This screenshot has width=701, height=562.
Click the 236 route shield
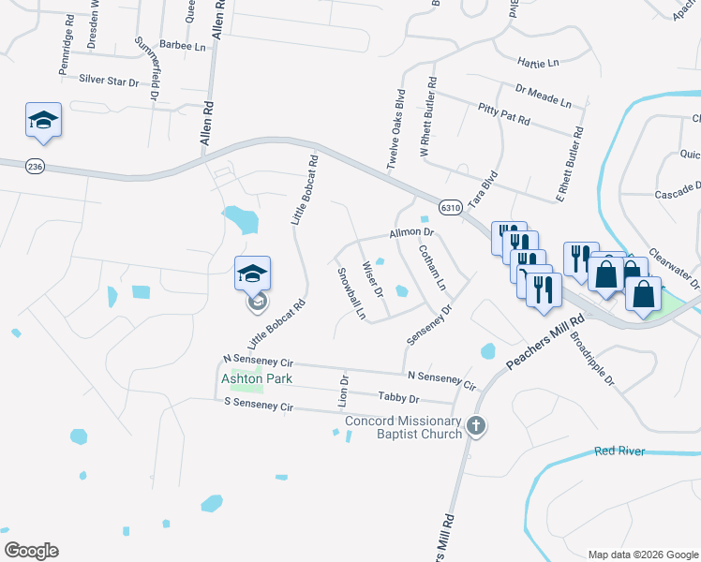coord(37,166)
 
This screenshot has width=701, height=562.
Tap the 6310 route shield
coord(449,207)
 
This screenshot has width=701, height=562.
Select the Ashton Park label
coord(257,378)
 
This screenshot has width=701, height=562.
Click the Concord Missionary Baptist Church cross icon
coord(476,426)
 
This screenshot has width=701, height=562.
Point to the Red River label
coord(619,451)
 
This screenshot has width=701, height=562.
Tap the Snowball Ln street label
coord(350,292)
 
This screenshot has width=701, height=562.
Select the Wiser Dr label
coord(373,279)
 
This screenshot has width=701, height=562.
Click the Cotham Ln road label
coord(432,267)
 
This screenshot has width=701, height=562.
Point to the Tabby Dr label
coord(398,397)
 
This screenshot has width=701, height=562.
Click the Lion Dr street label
coord(343,392)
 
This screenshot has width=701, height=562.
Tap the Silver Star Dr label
coord(109,81)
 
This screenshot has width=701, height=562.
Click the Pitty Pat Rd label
coord(503,115)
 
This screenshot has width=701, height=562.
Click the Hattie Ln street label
coord(537,62)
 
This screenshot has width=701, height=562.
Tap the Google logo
coord(31,551)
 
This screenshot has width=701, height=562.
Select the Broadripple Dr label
coord(590,362)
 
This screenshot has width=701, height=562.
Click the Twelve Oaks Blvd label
coord(396,129)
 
